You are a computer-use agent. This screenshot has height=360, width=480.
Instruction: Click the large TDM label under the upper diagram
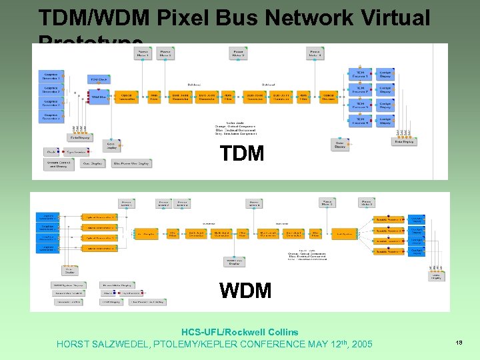click(x=242, y=154)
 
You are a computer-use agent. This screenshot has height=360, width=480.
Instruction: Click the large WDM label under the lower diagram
click(x=246, y=291)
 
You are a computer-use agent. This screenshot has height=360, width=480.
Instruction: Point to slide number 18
click(x=459, y=342)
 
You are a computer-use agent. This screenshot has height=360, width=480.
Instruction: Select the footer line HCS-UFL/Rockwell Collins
click(x=240, y=332)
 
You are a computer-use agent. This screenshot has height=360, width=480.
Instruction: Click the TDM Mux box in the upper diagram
click(x=98, y=97)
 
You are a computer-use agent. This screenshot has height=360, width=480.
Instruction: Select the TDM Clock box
click(x=99, y=79)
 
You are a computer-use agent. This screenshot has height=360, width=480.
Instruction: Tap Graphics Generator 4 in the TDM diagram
click(x=51, y=117)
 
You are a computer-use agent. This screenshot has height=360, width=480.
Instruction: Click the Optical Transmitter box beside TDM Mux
click(x=127, y=97)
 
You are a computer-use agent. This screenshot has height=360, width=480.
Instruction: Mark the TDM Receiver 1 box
click(x=359, y=74)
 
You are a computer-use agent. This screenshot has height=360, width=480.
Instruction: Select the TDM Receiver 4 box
click(x=359, y=121)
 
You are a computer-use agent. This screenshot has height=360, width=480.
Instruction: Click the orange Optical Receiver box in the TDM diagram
click(x=329, y=97)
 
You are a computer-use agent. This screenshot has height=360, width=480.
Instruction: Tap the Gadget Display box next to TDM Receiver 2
click(x=385, y=90)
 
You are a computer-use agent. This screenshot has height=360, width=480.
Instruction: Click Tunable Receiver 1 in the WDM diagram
click(x=389, y=219)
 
